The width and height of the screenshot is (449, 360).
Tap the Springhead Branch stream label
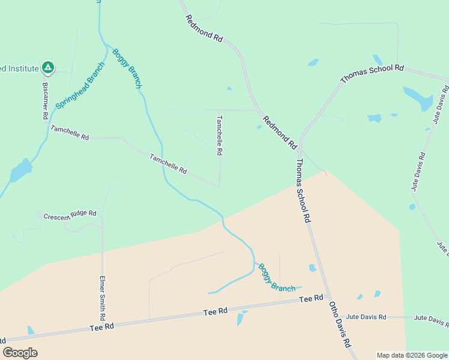pos(80,85)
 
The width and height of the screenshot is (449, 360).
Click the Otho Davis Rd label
pos(339,324)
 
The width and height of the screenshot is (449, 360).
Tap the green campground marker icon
pos(48,68)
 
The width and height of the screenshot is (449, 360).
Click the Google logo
pos(20,353)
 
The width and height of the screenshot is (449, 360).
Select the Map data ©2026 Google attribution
pos(412,355)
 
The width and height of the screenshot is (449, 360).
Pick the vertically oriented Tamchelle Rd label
pos(220,136)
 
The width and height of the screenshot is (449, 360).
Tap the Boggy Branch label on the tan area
pos(277,278)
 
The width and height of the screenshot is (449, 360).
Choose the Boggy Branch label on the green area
pos(127,68)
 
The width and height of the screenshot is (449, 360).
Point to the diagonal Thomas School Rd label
pos(372,74)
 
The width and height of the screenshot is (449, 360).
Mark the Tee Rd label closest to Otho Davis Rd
pos(311,298)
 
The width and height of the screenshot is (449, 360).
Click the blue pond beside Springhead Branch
pos(19,171)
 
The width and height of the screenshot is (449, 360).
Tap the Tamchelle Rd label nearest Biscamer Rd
pos(70,133)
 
